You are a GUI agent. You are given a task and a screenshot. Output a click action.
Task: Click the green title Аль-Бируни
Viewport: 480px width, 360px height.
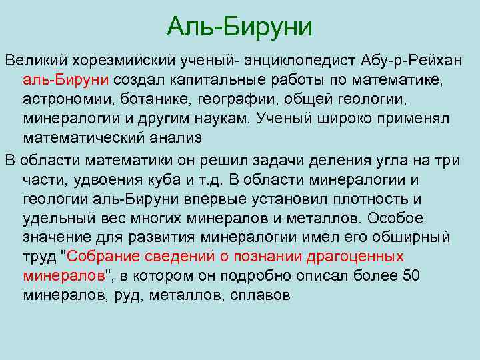tap(239, 27)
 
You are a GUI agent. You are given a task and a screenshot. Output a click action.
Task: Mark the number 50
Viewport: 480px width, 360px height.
tap(411, 276)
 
